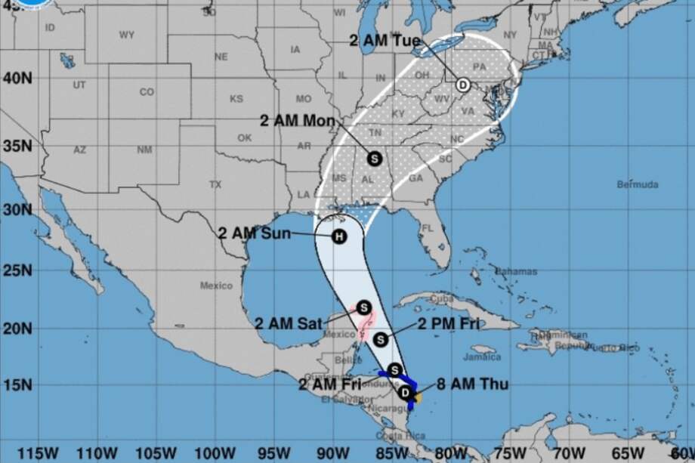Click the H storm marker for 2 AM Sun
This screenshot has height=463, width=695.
(x=339, y=237)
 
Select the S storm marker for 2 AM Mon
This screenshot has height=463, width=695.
(x=374, y=158)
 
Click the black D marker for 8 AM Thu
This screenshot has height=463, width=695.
(x=405, y=392)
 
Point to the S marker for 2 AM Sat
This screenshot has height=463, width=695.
(x=363, y=307)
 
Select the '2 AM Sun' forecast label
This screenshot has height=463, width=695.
(x=249, y=233)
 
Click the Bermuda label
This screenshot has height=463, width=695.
(x=638, y=184)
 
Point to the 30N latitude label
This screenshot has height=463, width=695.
(x=16, y=209)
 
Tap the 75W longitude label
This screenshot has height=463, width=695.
(x=512, y=452)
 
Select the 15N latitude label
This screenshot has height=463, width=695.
(x=16, y=384)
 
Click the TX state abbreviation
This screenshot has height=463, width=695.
(x=215, y=184)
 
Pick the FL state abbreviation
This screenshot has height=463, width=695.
(x=428, y=228)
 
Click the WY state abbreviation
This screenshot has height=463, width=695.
(x=126, y=35)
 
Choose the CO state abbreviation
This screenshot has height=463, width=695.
(x=147, y=92)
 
